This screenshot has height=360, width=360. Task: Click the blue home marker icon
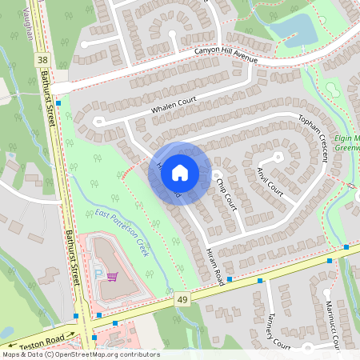(x=180, y=173)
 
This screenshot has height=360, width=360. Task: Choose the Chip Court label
(x=226, y=190)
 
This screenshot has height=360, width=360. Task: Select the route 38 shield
(x=41, y=60)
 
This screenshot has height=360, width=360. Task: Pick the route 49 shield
(x=183, y=298)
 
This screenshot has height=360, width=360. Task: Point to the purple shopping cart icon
(x=112, y=277)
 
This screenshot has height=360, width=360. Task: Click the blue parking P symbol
(x=99, y=274)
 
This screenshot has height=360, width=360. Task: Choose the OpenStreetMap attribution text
(x=81, y=354)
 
